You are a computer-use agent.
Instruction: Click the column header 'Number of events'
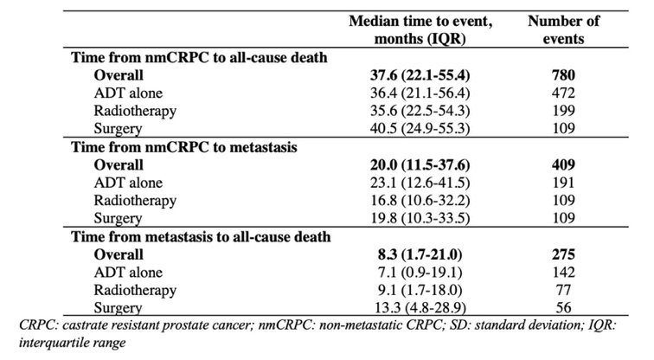(x=563, y=29)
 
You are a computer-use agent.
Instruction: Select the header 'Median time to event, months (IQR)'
(x=420, y=29)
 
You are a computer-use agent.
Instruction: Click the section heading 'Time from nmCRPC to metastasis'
(x=184, y=147)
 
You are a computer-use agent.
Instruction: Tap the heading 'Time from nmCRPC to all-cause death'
(x=199, y=58)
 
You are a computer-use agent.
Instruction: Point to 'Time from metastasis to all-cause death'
(x=201, y=237)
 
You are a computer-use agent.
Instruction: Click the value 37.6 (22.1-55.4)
(x=420, y=75)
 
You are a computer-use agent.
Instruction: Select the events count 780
(x=563, y=75)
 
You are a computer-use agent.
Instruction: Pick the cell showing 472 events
(x=563, y=93)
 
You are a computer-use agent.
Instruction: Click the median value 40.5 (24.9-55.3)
(x=420, y=128)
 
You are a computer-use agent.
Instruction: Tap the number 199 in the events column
(x=563, y=111)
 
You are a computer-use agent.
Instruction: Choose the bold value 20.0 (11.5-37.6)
(x=420, y=165)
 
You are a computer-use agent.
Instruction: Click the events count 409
(x=563, y=165)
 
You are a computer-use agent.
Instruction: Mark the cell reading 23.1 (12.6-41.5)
(x=420, y=183)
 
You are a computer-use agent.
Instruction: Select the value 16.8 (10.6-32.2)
(x=420, y=201)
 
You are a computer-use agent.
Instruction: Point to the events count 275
(x=563, y=255)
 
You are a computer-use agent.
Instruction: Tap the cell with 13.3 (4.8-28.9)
(x=420, y=308)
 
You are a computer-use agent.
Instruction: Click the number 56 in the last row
(x=563, y=308)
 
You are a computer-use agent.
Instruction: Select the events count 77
(x=563, y=290)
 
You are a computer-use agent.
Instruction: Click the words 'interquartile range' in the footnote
(x=72, y=343)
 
